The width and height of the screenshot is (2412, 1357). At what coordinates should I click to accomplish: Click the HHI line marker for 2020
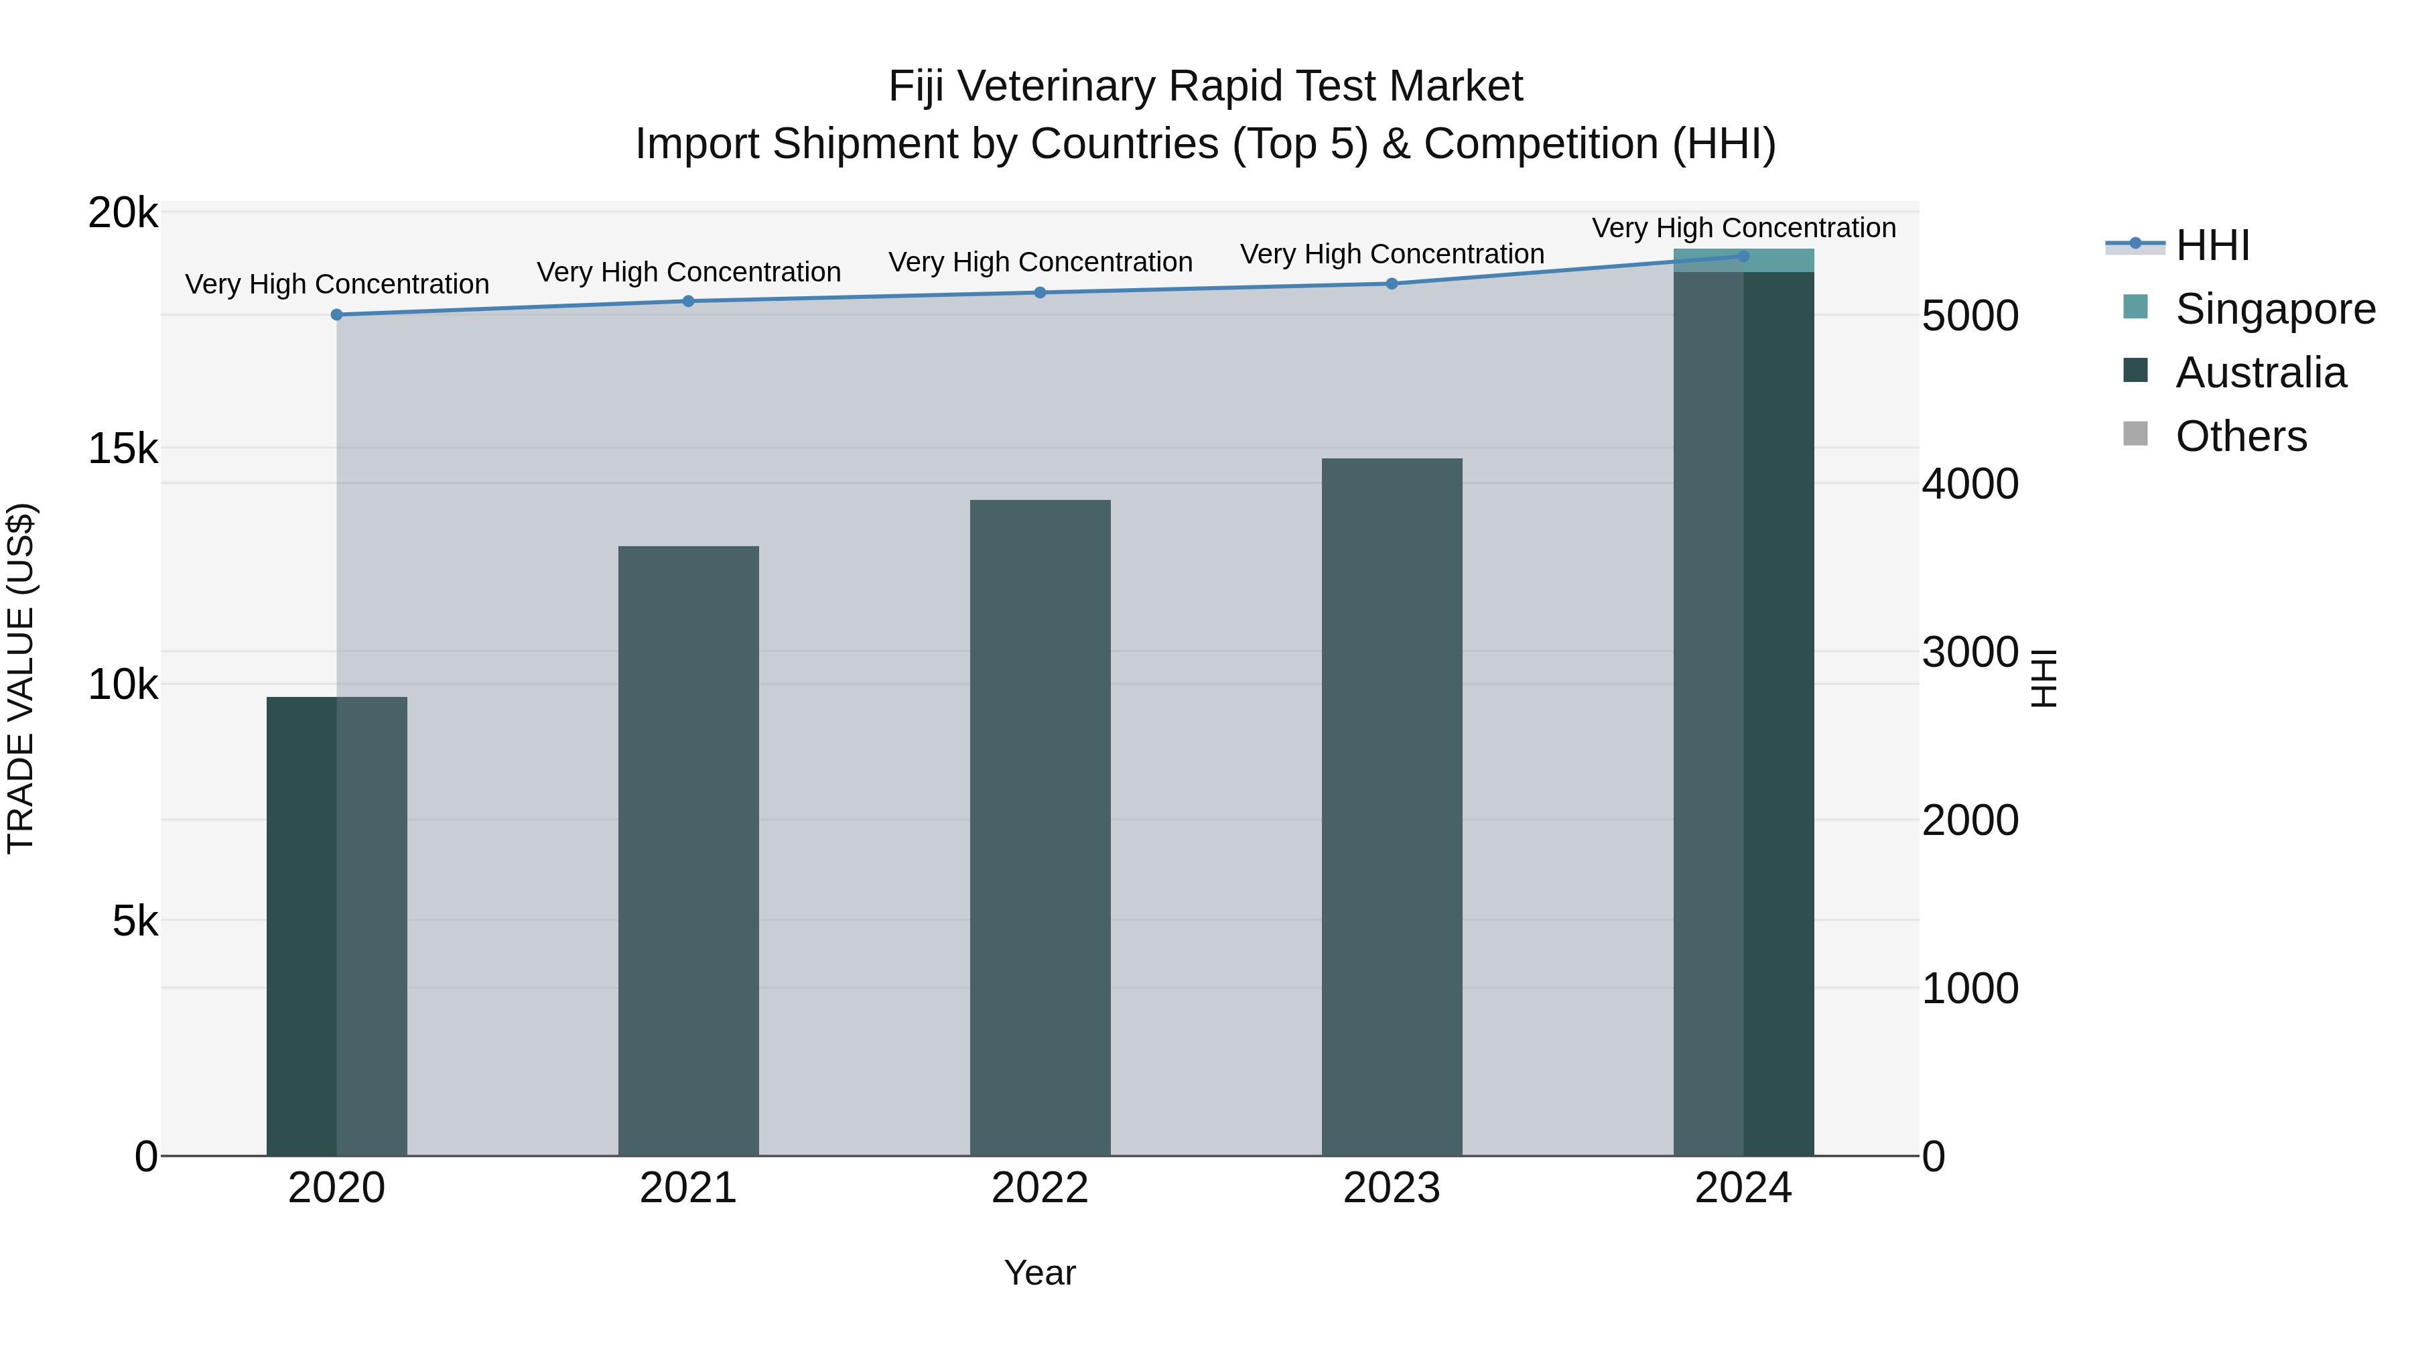click(337, 315)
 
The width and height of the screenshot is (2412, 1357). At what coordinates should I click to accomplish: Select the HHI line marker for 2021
click(688, 302)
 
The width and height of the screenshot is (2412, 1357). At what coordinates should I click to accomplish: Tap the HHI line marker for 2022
click(1041, 292)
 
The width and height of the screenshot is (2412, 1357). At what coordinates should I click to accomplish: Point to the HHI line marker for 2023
click(1392, 283)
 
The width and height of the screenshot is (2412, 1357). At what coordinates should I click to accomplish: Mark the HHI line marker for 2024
click(1743, 257)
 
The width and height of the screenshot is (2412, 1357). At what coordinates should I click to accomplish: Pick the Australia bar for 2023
click(1392, 807)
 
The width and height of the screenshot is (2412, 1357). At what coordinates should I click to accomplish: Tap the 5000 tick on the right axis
click(1970, 316)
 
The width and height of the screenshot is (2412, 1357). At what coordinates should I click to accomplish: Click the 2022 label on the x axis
click(1041, 1188)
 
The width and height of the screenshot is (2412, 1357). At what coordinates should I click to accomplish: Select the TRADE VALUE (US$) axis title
click(21, 678)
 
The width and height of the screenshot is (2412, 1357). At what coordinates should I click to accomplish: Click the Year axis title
click(1041, 1273)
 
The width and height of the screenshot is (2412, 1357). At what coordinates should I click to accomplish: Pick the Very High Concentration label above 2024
click(1743, 228)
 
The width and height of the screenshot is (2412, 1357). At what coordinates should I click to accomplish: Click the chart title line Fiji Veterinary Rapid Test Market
click(1205, 86)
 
